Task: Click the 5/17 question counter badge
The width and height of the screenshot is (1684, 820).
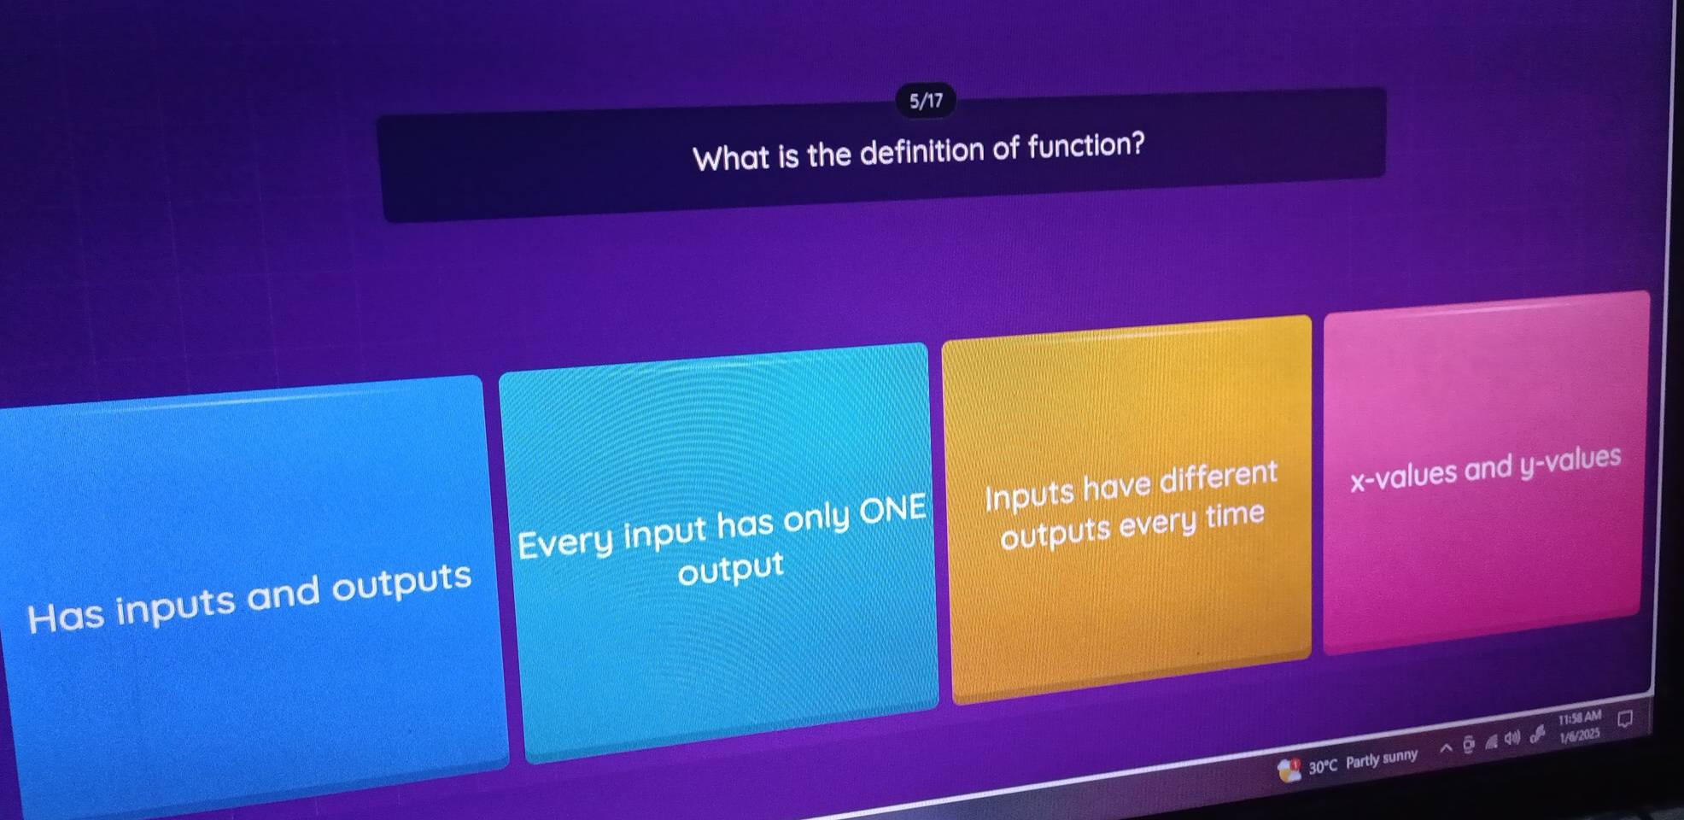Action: (926, 101)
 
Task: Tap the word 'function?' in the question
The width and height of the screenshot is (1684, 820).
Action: (1085, 145)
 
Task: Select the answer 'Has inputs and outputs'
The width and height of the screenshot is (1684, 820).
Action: (249, 598)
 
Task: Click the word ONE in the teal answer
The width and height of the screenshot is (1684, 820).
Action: (892, 510)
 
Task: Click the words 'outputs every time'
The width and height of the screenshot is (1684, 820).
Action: (1131, 524)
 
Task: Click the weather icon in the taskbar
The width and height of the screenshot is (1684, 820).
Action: (1288, 770)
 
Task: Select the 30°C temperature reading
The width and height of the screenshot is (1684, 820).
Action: (1322, 766)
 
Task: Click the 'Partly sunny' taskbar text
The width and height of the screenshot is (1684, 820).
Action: (1381, 758)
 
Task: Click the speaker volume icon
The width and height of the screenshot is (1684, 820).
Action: (1512, 738)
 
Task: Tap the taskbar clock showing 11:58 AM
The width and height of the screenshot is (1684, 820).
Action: (1579, 718)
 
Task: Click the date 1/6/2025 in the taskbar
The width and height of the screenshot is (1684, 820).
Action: (1579, 735)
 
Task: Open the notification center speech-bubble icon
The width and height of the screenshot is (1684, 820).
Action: (1624, 719)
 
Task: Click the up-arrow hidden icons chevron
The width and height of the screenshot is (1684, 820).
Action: (1446, 749)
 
